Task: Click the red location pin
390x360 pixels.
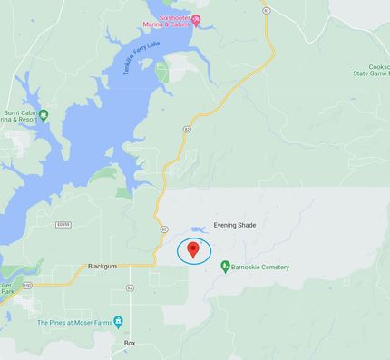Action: [x=191, y=248]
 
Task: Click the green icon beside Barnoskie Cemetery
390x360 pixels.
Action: [x=224, y=266]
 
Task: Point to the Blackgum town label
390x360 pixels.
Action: [x=104, y=267]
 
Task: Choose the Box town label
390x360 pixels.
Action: [x=129, y=344]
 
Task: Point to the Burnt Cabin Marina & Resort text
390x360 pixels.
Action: [x=17, y=119]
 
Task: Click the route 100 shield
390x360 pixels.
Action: [x=27, y=285]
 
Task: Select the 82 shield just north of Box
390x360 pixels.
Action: [x=129, y=287]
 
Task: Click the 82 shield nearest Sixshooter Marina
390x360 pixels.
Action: [x=267, y=11]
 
